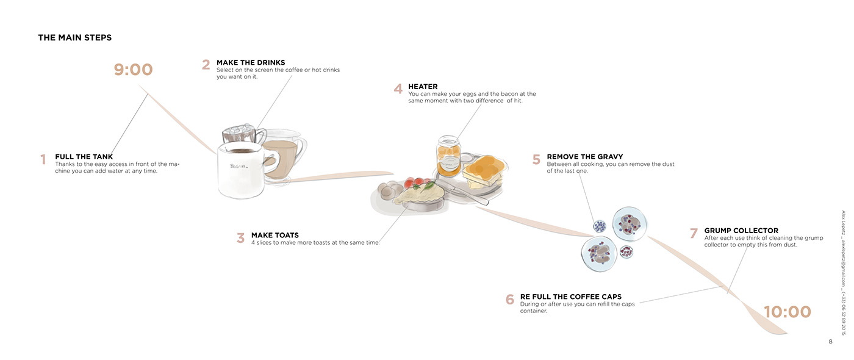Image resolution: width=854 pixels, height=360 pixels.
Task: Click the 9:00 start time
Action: [133, 70]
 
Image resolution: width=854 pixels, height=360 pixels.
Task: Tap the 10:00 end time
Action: [788, 312]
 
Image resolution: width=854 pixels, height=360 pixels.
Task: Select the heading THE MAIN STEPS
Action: [74, 38]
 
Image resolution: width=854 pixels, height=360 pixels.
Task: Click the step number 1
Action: [43, 160]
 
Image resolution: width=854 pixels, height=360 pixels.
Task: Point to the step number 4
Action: [398, 89]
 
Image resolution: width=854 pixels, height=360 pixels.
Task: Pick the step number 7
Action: [694, 234]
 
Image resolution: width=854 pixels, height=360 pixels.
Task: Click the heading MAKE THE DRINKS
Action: [251, 63]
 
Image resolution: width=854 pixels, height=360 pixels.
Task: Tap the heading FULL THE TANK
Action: [84, 157]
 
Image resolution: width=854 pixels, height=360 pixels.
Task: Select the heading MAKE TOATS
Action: [274, 235]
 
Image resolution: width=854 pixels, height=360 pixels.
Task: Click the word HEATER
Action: [423, 87]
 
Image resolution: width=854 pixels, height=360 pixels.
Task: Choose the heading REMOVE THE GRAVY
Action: [584, 157]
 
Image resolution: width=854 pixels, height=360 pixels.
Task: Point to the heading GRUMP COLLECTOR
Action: [741, 231]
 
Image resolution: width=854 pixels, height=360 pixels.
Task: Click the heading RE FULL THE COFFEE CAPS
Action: [570, 297]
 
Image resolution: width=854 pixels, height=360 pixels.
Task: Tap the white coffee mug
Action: [241, 171]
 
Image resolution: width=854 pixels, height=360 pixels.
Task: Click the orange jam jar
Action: [448, 156]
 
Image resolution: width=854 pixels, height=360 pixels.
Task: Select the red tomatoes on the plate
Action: [415, 183]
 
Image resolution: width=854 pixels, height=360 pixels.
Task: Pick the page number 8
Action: [830, 342]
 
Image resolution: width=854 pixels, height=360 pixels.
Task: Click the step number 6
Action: [510, 300]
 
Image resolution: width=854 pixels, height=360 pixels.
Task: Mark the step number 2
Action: [206, 65]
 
